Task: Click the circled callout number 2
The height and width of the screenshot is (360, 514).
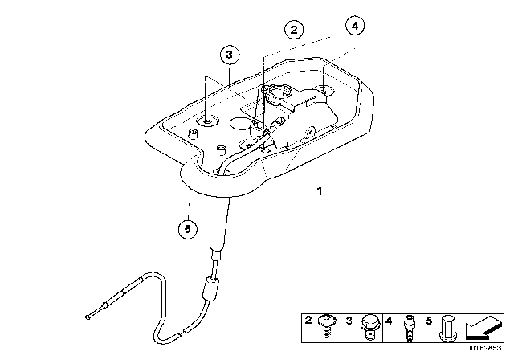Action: (x=295, y=30)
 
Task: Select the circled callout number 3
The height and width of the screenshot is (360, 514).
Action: (x=230, y=55)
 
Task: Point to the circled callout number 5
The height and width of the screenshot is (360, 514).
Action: (x=187, y=229)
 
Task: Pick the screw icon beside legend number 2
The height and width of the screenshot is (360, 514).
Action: (x=328, y=325)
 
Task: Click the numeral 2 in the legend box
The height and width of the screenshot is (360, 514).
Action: (x=308, y=320)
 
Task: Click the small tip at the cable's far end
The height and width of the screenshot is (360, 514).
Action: (x=86, y=316)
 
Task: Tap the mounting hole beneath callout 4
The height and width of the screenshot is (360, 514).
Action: (x=323, y=90)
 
